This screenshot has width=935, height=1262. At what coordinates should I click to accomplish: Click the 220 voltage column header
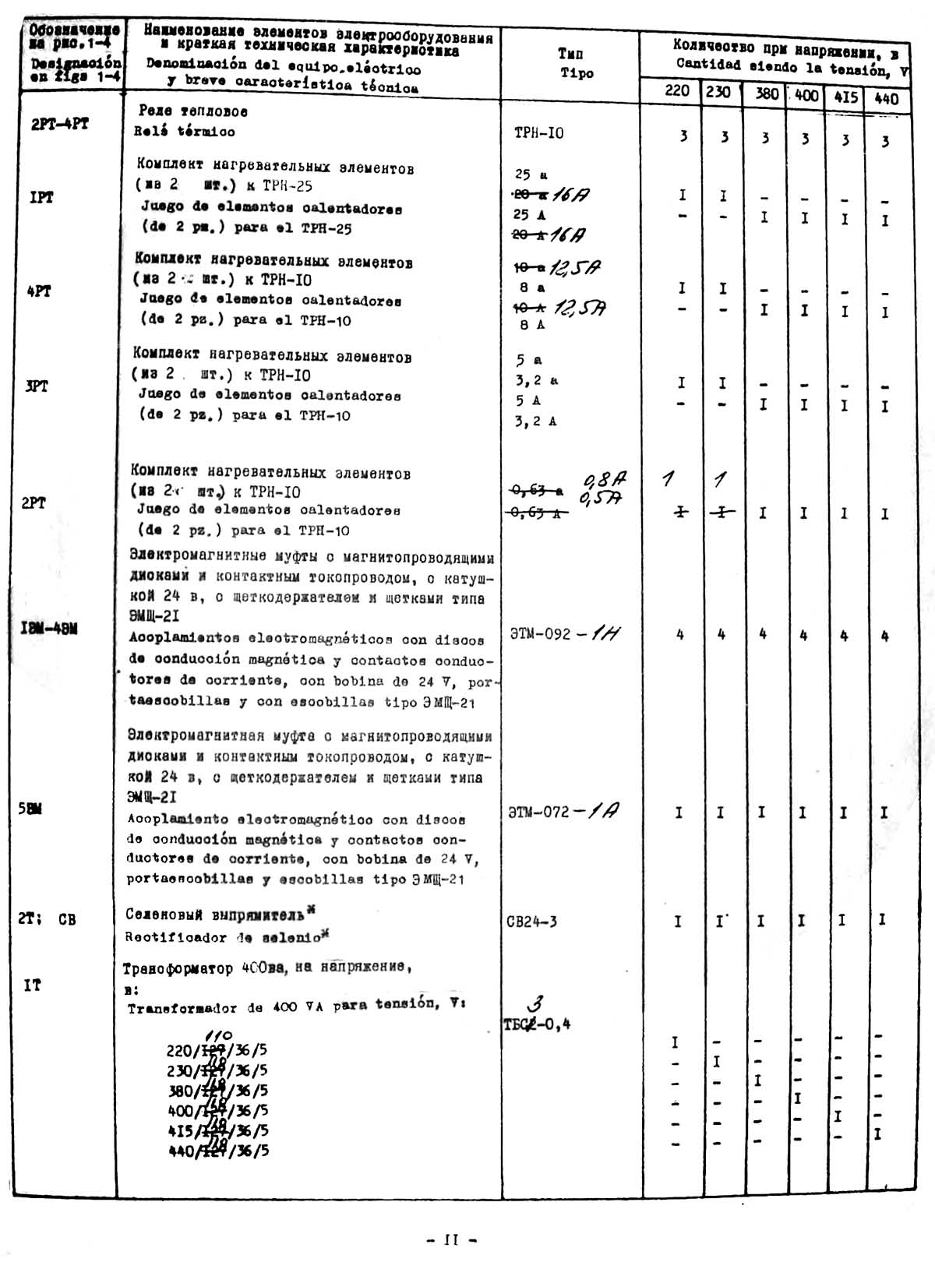(x=677, y=91)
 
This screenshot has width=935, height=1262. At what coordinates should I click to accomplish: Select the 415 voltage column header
(x=845, y=97)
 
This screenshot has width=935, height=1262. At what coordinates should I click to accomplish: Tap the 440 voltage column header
(x=886, y=98)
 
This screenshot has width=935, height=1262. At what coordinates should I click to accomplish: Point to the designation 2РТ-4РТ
(x=60, y=124)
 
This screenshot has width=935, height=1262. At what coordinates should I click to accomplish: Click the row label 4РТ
(x=39, y=291)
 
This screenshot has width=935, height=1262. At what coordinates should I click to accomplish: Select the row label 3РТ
(x=37, y=386)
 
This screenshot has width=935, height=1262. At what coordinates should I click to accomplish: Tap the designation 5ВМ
(x=30, y=809)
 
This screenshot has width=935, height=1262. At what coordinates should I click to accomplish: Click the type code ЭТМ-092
(x=539, y=633)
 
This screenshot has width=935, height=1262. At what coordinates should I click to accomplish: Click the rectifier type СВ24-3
(x=531, y=922)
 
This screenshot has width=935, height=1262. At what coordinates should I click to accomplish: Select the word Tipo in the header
(x=577, y=73)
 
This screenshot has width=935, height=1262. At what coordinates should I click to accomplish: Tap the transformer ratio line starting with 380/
(x=217, y=1091)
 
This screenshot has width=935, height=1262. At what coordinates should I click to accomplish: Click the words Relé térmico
(x=184, y=132)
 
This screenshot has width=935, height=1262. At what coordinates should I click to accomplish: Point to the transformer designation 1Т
(x=32, y=985)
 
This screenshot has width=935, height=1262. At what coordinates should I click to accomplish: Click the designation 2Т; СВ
(x=47, y=918)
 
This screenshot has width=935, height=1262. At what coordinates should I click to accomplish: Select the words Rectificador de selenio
(x=222, y=937)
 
